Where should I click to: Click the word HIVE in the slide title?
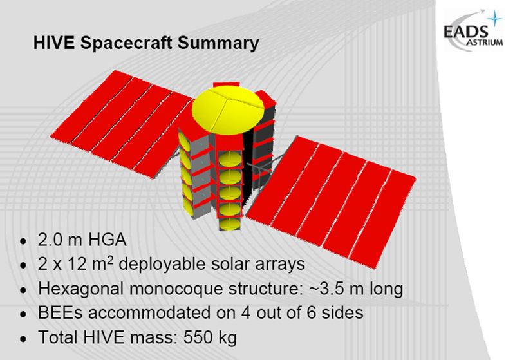coord(54,43)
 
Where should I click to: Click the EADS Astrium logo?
coord(473,30)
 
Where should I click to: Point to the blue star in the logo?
coord(494,19)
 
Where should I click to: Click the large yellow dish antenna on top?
coord(228,111)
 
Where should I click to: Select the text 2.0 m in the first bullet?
coord(59,240)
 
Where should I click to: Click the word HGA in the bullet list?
coord(108,240)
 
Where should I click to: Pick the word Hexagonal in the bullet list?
coord(81,289)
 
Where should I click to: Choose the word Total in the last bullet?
coord(58,337)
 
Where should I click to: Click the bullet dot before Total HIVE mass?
coord(23,339)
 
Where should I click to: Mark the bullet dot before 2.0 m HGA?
coord(23,242)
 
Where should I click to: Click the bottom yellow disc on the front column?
coord(230,224)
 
